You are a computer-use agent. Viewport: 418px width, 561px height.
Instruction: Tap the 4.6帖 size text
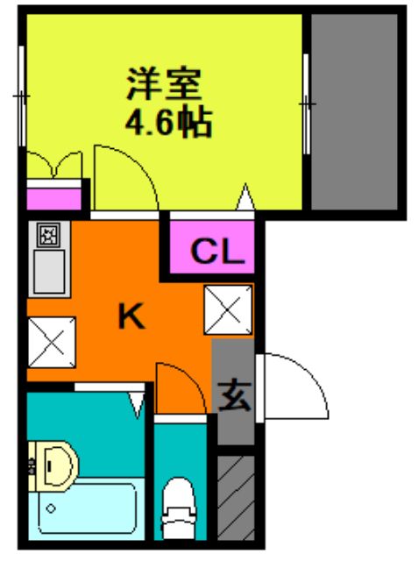[x=168, y=122]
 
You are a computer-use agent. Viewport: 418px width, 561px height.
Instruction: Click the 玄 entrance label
[x=235, y=396]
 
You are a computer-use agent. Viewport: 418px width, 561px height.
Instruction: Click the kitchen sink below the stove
[x=49, y=273]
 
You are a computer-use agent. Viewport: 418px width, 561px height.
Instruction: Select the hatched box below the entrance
[x=235, y=497]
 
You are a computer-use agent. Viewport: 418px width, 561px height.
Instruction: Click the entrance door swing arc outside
[x=298, y=386]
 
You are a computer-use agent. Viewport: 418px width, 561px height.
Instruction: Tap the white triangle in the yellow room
[x=246, y=198]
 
